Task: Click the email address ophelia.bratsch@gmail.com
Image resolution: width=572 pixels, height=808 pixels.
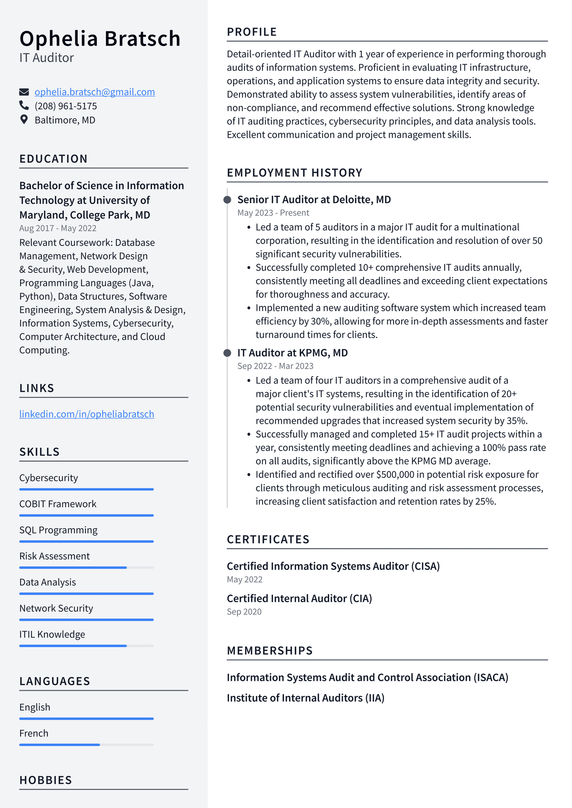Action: [x=95, y=92]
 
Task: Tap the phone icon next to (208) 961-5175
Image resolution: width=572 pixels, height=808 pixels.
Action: [x=24, y=105]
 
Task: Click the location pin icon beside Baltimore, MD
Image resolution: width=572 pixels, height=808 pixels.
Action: [x=24, y=120]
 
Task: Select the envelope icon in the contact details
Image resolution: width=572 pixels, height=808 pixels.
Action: [x=24, y=92]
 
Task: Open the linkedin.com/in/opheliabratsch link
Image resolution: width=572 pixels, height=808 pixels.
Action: [x=87, y=414]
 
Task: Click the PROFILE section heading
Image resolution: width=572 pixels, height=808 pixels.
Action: [x=252, y=32]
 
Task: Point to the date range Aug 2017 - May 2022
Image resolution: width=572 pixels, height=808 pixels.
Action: [x=58, y=228]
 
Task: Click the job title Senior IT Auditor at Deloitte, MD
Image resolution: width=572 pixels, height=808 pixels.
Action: [x=314, y=200]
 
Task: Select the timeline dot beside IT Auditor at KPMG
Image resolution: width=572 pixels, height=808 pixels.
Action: [x=227, y=353]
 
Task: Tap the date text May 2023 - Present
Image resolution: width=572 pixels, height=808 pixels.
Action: [x=273, y=213]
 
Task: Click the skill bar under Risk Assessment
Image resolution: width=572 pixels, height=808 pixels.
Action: [x=86, y=568]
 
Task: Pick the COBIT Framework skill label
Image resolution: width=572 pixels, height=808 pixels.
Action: [x=58, y=504]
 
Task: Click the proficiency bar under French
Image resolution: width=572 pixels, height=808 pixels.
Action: [x=86, y=745]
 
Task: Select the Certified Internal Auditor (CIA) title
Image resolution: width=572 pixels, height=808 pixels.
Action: [x=299, y=599]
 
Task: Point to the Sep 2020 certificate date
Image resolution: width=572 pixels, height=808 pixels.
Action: [x=244, y=612]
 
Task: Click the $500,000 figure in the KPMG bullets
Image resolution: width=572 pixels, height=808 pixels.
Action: [x=395, y=475]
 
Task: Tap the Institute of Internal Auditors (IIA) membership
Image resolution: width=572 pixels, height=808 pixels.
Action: [x=306, y=698]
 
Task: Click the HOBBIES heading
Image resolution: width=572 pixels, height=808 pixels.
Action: [x=46, y=780]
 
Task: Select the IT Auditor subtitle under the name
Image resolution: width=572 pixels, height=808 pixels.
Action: [x=46, y=58]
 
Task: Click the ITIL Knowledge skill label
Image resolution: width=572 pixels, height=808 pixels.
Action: [x=52, y=635]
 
